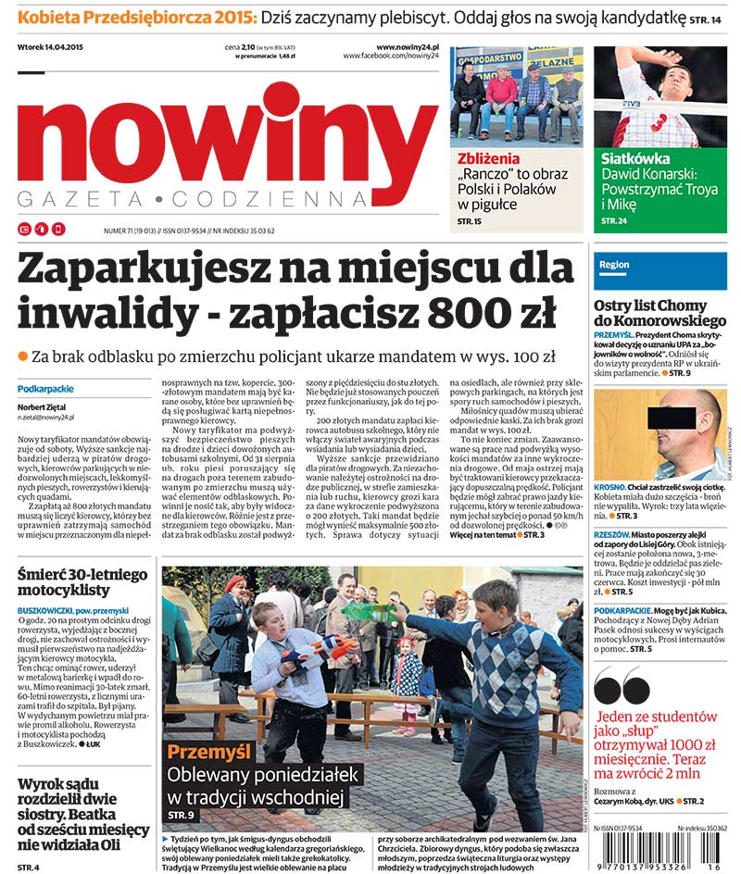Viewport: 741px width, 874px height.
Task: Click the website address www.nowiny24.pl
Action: coord(407,47)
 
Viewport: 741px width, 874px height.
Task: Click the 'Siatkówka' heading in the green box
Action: coord(634,158)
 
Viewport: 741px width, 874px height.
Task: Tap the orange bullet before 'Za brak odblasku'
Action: coord(23,356)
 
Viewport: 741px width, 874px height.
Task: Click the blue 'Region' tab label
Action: coord(614,265)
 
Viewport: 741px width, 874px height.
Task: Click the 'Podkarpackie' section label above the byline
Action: coord(45,389)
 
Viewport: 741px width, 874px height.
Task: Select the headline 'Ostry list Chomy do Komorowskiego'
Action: coord(659,315)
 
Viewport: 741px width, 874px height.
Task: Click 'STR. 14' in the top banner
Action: coord(703,18)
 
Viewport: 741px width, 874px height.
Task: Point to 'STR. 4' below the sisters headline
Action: coord(29,867)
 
